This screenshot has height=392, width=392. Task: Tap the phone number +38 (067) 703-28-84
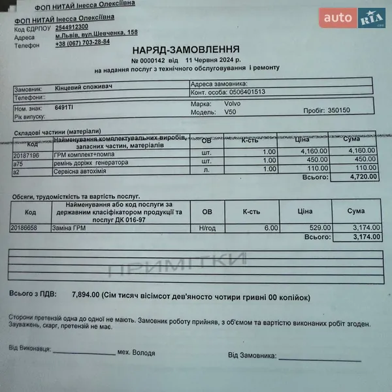tap(82, 42)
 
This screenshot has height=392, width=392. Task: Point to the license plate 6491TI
tap(64, 106)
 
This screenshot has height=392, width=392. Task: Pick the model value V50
tap(230, 112)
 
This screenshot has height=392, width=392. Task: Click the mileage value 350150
tap(338, 110)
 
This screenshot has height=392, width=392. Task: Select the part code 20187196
tap(26, 155)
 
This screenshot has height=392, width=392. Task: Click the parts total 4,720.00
tap(361, 176)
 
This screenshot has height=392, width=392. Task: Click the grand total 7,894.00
tap(85, 295)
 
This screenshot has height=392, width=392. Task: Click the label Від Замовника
tap(252, 355)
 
